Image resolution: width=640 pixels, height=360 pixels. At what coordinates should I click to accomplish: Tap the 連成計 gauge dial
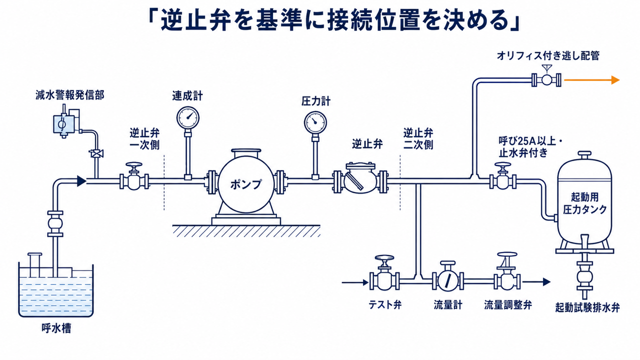187,117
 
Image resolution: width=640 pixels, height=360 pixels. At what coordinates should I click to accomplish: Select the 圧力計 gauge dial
315,122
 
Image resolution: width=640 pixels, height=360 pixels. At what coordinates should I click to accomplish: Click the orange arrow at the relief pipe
591,80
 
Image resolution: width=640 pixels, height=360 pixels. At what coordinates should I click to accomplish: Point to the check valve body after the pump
360,178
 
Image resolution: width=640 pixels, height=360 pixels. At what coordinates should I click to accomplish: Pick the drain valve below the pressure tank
584,276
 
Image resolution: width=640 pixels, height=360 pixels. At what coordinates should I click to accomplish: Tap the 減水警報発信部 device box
65,123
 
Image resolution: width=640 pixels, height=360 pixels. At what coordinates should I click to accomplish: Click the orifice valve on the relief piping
546,77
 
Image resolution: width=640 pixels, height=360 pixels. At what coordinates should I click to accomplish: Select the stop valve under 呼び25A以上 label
503,177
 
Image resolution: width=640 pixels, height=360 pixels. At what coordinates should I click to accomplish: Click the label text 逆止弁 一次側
144,139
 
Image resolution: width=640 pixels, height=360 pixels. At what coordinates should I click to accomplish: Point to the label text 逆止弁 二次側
418,139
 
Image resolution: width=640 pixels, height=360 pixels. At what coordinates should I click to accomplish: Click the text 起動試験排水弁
587,308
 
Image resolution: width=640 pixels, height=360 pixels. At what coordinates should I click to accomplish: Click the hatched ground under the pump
246,231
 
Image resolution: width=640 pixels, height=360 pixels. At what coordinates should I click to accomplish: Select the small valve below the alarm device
96,153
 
